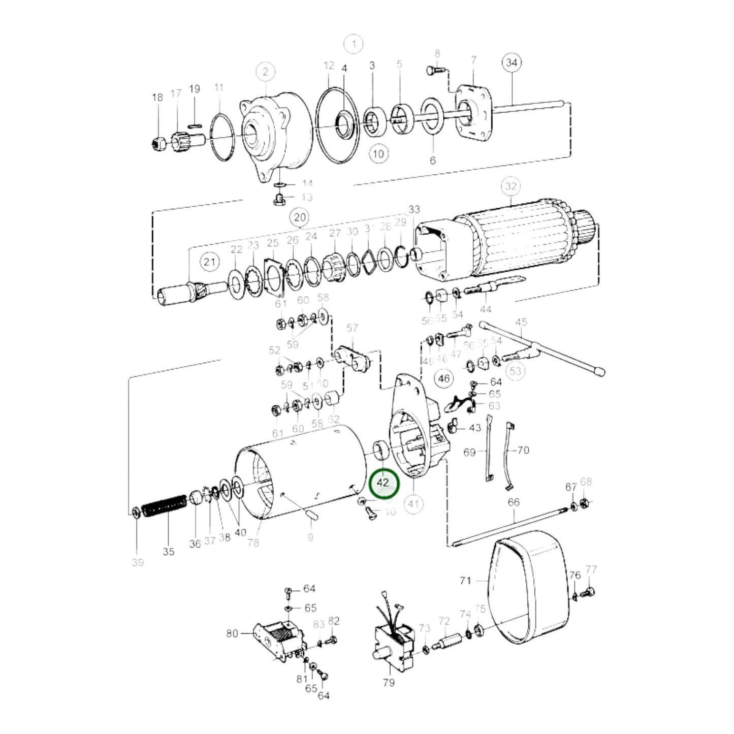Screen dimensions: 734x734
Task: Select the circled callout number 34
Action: click(x=512, y=62)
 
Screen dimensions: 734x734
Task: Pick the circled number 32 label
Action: click(x=510, y=186)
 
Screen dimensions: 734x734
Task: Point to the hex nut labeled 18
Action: click(x=158, y=144)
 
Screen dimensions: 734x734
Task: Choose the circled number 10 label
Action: click(x=379, y=153)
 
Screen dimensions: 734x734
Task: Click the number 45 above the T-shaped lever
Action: click(x=521, y=322)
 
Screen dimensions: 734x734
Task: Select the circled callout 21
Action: click(x=209, y=262)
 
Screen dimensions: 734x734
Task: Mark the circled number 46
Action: click(x=443, y=378)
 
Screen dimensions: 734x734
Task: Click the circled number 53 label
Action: click(x=515, y=370)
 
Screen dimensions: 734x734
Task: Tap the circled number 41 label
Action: click(x=414, y=504)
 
